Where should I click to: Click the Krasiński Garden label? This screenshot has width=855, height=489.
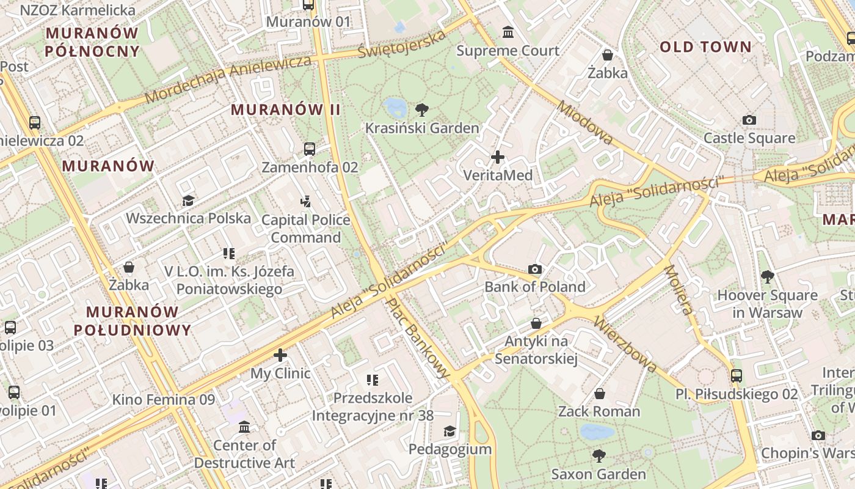click(x=422, y=128)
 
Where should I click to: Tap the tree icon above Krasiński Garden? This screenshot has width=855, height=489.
click(x=421, y=110)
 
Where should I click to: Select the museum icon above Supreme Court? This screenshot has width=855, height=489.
click(x=508, y=32)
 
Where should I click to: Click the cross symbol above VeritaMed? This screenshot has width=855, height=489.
click(x=498, y=157)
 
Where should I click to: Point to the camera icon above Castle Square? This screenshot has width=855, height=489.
click(x=749, y=120)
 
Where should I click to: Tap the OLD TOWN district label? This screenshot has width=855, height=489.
click(x=705, y=47)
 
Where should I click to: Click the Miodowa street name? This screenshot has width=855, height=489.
click(x=585, y=123)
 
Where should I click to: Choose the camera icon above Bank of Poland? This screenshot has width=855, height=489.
click(x=535, y=269)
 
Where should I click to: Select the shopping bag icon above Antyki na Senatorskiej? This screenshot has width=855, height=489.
click(x=536, y=323)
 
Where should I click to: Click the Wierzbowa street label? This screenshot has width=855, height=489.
click(x=625, y=344)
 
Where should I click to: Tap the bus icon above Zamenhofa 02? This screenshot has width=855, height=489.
click(x=310, y=149)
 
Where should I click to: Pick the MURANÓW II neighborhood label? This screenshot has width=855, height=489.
click(x=285, y=110)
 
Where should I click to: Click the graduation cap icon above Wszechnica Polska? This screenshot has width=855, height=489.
click(x=188, y=200)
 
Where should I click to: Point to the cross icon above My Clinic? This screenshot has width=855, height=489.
click(x=280, y=355)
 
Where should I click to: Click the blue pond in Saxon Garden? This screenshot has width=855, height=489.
click(x=597, y=432)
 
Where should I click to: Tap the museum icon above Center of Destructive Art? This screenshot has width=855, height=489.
click(x=244, y=427)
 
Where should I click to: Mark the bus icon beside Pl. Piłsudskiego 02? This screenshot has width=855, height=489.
click(x=737, y=376)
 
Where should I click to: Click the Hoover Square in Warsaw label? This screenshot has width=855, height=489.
click(x=767, y=304)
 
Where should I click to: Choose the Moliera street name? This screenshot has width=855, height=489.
click(x=679, y=289)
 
